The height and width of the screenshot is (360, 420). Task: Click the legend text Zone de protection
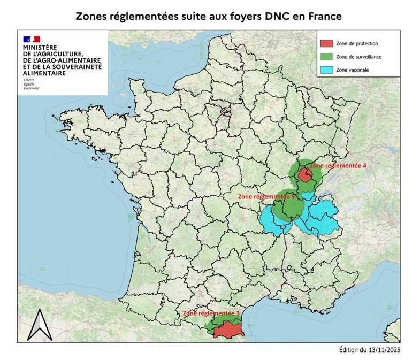pos(357,43)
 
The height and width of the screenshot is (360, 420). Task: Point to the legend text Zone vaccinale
pos(352,70)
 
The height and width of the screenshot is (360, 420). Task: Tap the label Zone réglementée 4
pos(338,166)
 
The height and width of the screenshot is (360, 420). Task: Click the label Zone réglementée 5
pos(266,197)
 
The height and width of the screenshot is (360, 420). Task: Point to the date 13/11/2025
pos(383,350)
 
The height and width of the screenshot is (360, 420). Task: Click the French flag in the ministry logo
pos(31,39)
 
